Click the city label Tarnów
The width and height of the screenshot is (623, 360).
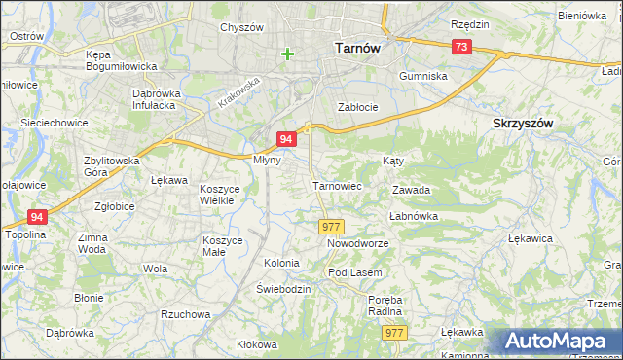point(356,46)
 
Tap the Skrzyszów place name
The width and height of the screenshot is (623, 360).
point(523,124)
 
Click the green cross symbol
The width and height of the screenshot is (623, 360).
point(287,54)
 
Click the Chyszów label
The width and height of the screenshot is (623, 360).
point(242,28)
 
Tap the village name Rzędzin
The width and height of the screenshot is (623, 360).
point(470,23)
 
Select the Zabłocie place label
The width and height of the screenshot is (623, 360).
point(356,107)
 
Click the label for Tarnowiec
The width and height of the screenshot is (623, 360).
point(337,185)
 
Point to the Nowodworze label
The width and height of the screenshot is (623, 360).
point(357,243)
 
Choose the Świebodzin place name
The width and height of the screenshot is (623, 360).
point(283,289)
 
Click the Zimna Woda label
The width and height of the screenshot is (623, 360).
point(92,243)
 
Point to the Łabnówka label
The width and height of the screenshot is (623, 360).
point(414,216)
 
